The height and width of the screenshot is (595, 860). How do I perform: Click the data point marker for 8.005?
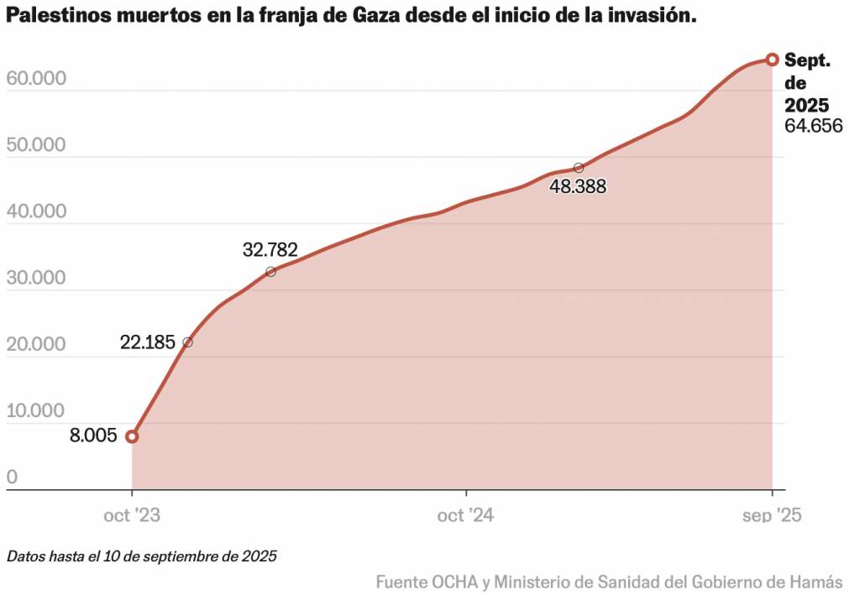click(x=132, y=436)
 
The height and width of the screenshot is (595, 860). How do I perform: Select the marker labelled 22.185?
click(x=187, y=342)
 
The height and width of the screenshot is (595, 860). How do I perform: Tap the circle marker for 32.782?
click(x=270, y=272)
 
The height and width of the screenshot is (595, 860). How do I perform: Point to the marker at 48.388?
click(x=578, y=168)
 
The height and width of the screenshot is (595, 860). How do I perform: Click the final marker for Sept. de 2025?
click(x=772, y=60)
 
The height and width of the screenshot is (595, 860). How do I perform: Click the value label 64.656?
click(x=813, y=126)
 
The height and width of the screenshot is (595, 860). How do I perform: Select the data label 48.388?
click(x=578, y=186)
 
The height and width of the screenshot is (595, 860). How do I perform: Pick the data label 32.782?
click(x=270, y=249)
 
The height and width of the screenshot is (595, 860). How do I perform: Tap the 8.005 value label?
click(x=93, y=436)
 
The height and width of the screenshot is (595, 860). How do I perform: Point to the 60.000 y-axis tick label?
click(x=36, y=78)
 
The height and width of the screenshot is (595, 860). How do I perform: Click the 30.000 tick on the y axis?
click(x=36, y=278)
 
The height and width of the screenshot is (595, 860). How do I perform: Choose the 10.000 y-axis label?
click(x=36, y=411)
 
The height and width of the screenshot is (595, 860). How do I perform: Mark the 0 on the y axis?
click(x=12, y=478)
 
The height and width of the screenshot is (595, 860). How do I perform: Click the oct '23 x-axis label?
click(x=132, y=515)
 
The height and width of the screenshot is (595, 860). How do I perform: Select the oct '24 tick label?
click(x=465, y=515)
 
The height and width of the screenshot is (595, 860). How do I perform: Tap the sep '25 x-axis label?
click(x=772, y=515)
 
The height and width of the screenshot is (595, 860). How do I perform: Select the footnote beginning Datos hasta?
click(x=141, y=556)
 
